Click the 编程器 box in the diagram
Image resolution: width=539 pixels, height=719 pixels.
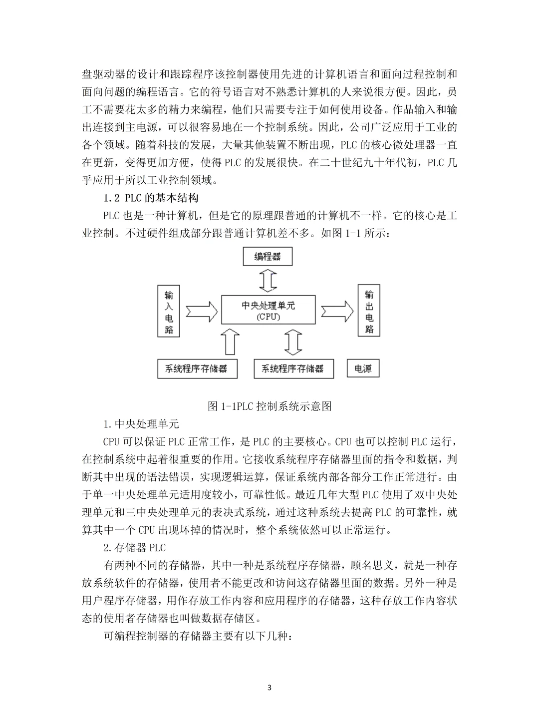267,257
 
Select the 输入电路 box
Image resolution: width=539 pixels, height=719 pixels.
169,311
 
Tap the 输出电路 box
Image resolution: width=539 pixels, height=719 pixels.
369,311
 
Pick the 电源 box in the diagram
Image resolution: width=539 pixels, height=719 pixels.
363,369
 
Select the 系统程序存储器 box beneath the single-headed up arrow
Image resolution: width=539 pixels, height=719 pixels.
197,369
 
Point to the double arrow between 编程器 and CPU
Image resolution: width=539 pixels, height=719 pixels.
268,280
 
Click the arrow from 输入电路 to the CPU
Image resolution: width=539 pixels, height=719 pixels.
201,311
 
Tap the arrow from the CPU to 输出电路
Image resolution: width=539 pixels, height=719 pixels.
337,311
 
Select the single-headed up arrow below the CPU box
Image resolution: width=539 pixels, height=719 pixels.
230,342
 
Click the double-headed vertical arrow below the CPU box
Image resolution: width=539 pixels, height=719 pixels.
293,342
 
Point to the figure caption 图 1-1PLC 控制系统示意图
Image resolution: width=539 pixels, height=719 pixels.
269,406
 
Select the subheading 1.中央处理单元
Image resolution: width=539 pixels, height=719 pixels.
141,424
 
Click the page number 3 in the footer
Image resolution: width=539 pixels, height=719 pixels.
269,688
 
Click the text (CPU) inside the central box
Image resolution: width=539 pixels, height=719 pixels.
269,317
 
